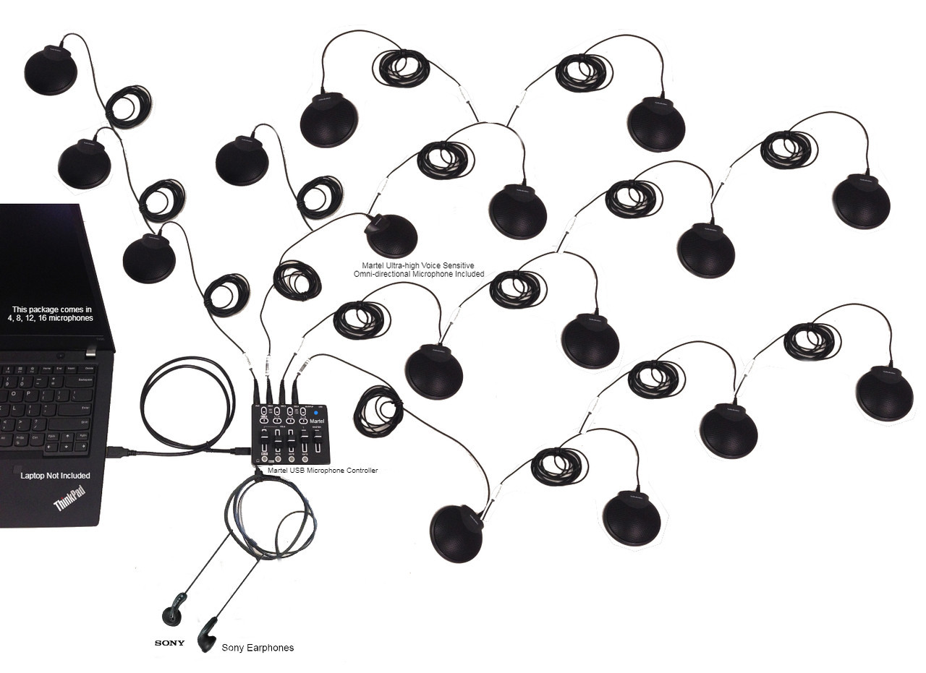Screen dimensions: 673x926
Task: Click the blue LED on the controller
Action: coord(316,413)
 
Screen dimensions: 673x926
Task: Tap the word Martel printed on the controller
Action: coord(316,421)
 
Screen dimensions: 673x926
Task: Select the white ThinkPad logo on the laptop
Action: coord(69,498)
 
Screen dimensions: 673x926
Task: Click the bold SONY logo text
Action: coord(169,643)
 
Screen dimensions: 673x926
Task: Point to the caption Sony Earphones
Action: coord(258,648)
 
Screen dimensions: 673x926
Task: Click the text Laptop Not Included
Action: coord(55,476)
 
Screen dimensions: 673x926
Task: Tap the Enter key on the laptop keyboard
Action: coord(85,410)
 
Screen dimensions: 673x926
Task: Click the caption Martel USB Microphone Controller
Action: coord(323,471)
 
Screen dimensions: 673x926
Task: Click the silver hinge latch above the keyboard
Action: coord(91,353)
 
